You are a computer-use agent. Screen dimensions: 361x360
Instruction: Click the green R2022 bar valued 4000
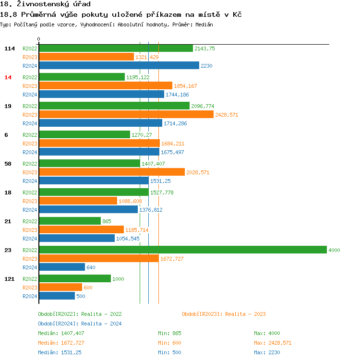pyautogui.click(x=182, y=250)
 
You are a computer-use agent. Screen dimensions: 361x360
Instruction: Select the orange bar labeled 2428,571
pyautogui.click(x=126, y=114)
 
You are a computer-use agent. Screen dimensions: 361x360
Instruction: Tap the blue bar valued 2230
pyautogui.click(x=119, y=65)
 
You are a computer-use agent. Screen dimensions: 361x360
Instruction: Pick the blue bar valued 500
pyautogui.click(x=57, y=296)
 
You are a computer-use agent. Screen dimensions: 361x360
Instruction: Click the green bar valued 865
pyautogui.click(x=70, y=221)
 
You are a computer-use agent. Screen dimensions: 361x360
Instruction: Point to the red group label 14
pyautogui.click(x=8, y=77)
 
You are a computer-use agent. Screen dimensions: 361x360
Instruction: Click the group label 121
pyautogui.click(x=9, y=279)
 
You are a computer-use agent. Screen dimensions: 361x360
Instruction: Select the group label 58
pyautogui.click(x=8, y=164)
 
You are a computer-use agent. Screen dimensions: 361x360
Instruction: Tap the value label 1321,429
pyautogui.click(x=147, y=57)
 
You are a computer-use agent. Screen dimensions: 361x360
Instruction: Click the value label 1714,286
pyautogui.click(x=175, y=123)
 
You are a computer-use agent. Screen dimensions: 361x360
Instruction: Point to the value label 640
pyautogui.click(x=91, y=267)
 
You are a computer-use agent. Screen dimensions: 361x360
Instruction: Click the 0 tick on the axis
pyautogui.click(x=39, y=39)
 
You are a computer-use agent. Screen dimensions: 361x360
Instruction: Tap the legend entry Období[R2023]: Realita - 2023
pyautogui.click(x=224, y=314)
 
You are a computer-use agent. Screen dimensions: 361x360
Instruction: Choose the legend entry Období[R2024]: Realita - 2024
pyautogui.click(x=80, y=324)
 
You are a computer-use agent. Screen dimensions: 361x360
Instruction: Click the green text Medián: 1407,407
pyautogui.click(x=61, y=333)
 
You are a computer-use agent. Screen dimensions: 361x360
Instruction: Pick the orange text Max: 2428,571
pyautogui.click(x=272, y=343)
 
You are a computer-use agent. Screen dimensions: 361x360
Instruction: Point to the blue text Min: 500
pyautogui.click(x=169, y=352)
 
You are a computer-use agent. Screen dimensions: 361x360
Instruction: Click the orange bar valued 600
pyautogui.click(x=60, y=287)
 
